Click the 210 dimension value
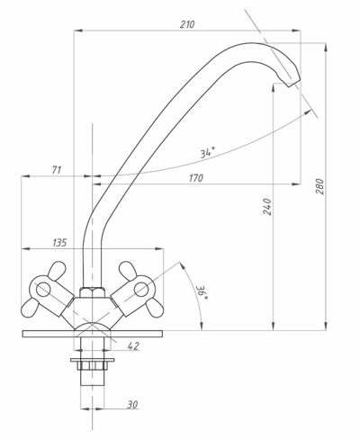coord(187,24)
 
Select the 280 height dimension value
coord(320,186)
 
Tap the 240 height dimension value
coord(267,207)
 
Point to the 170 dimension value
coord(196,178)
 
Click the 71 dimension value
coord(57,170)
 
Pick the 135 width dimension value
coord(59,242)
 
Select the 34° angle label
coord(208,152)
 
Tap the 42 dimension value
coord(133,346)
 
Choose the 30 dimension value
coord(132,405)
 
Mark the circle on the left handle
coord(43,290)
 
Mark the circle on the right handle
coord(141,290)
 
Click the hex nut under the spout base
coord(93,292)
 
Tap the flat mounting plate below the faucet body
coord(93,334)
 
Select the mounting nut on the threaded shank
coord(93,363)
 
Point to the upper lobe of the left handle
coord(57,271)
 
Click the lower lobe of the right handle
coord(155,308)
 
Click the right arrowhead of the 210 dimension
coord(296,31)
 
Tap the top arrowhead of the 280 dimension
coord(326,48)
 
